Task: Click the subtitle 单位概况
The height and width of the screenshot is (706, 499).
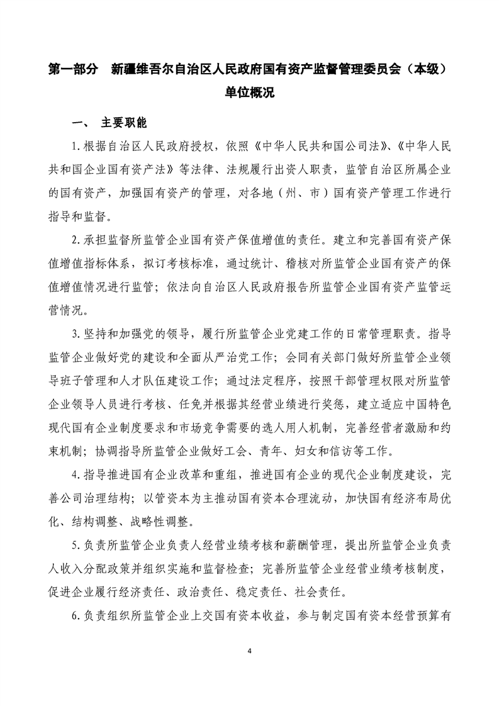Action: [x=249, y=92]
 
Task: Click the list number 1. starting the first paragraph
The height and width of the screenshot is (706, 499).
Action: [x=76, y=147]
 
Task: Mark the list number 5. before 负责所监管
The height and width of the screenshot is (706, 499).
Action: [x=76, y=543]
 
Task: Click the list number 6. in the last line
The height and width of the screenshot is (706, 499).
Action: [x=76, y=613]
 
